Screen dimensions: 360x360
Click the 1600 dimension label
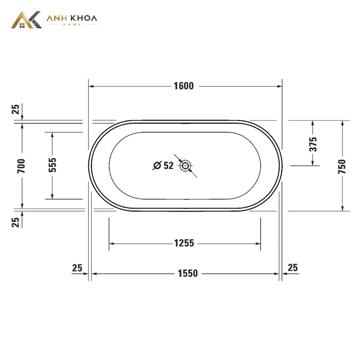(x=184, y=86)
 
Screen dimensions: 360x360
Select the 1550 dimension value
(x=188, y=274)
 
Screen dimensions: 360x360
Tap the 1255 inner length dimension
(x=184, y=243)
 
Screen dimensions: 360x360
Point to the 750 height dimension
(x=342, y=166)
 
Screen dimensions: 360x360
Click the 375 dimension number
(x=313, y=144)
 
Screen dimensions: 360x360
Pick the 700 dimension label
(x=21, y=166)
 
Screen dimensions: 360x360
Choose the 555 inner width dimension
(x=52, y=165)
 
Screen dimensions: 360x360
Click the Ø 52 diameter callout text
(x=163, y=165)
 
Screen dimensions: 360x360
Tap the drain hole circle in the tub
(x=185, y=165)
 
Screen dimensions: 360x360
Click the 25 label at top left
(x=15, y=109)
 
